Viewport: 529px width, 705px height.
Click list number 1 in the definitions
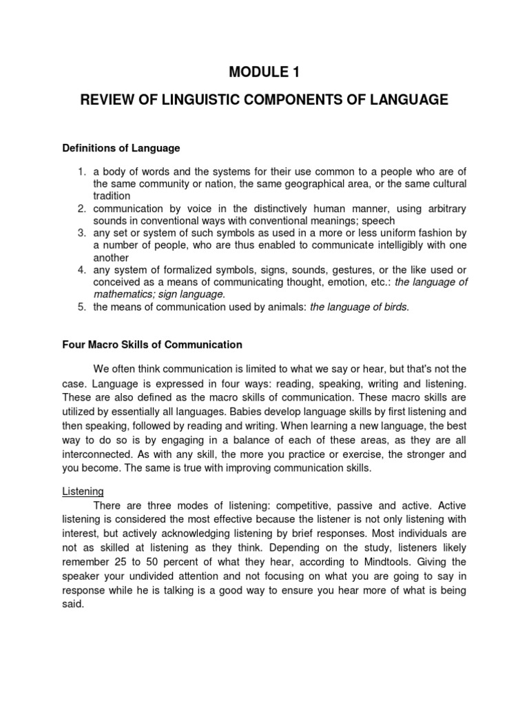[80, 171]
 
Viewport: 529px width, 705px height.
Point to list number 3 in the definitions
[80, 233]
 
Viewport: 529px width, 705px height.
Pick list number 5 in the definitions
[80, 307]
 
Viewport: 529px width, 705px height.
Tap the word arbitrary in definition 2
[439, 208]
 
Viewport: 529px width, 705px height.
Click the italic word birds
[395, 307]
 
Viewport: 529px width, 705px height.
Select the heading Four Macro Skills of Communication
[152, 344]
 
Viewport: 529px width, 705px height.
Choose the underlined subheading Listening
[83, 492]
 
